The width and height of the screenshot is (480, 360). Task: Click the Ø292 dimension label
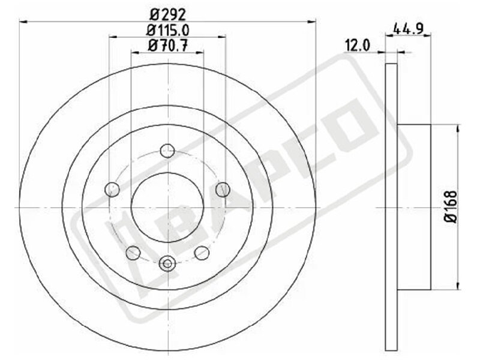(x=168, y=13)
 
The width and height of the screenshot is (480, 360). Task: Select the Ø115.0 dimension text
(x=168, y=29)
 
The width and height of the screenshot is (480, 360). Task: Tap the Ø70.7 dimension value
(x=168, y=46)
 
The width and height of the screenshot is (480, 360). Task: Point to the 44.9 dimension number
(x=408, y=29)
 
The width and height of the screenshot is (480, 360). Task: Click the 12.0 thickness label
(x=358, y=46)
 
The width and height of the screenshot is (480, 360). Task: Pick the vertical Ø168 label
(x=451, y=207)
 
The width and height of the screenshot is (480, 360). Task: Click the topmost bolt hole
(x=168, y=151)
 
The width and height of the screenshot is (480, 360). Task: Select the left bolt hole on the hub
(x=112, y=189)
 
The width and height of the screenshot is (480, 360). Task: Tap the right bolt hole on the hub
(x=223, y=190)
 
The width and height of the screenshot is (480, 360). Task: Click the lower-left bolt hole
(x=133, y=253)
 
